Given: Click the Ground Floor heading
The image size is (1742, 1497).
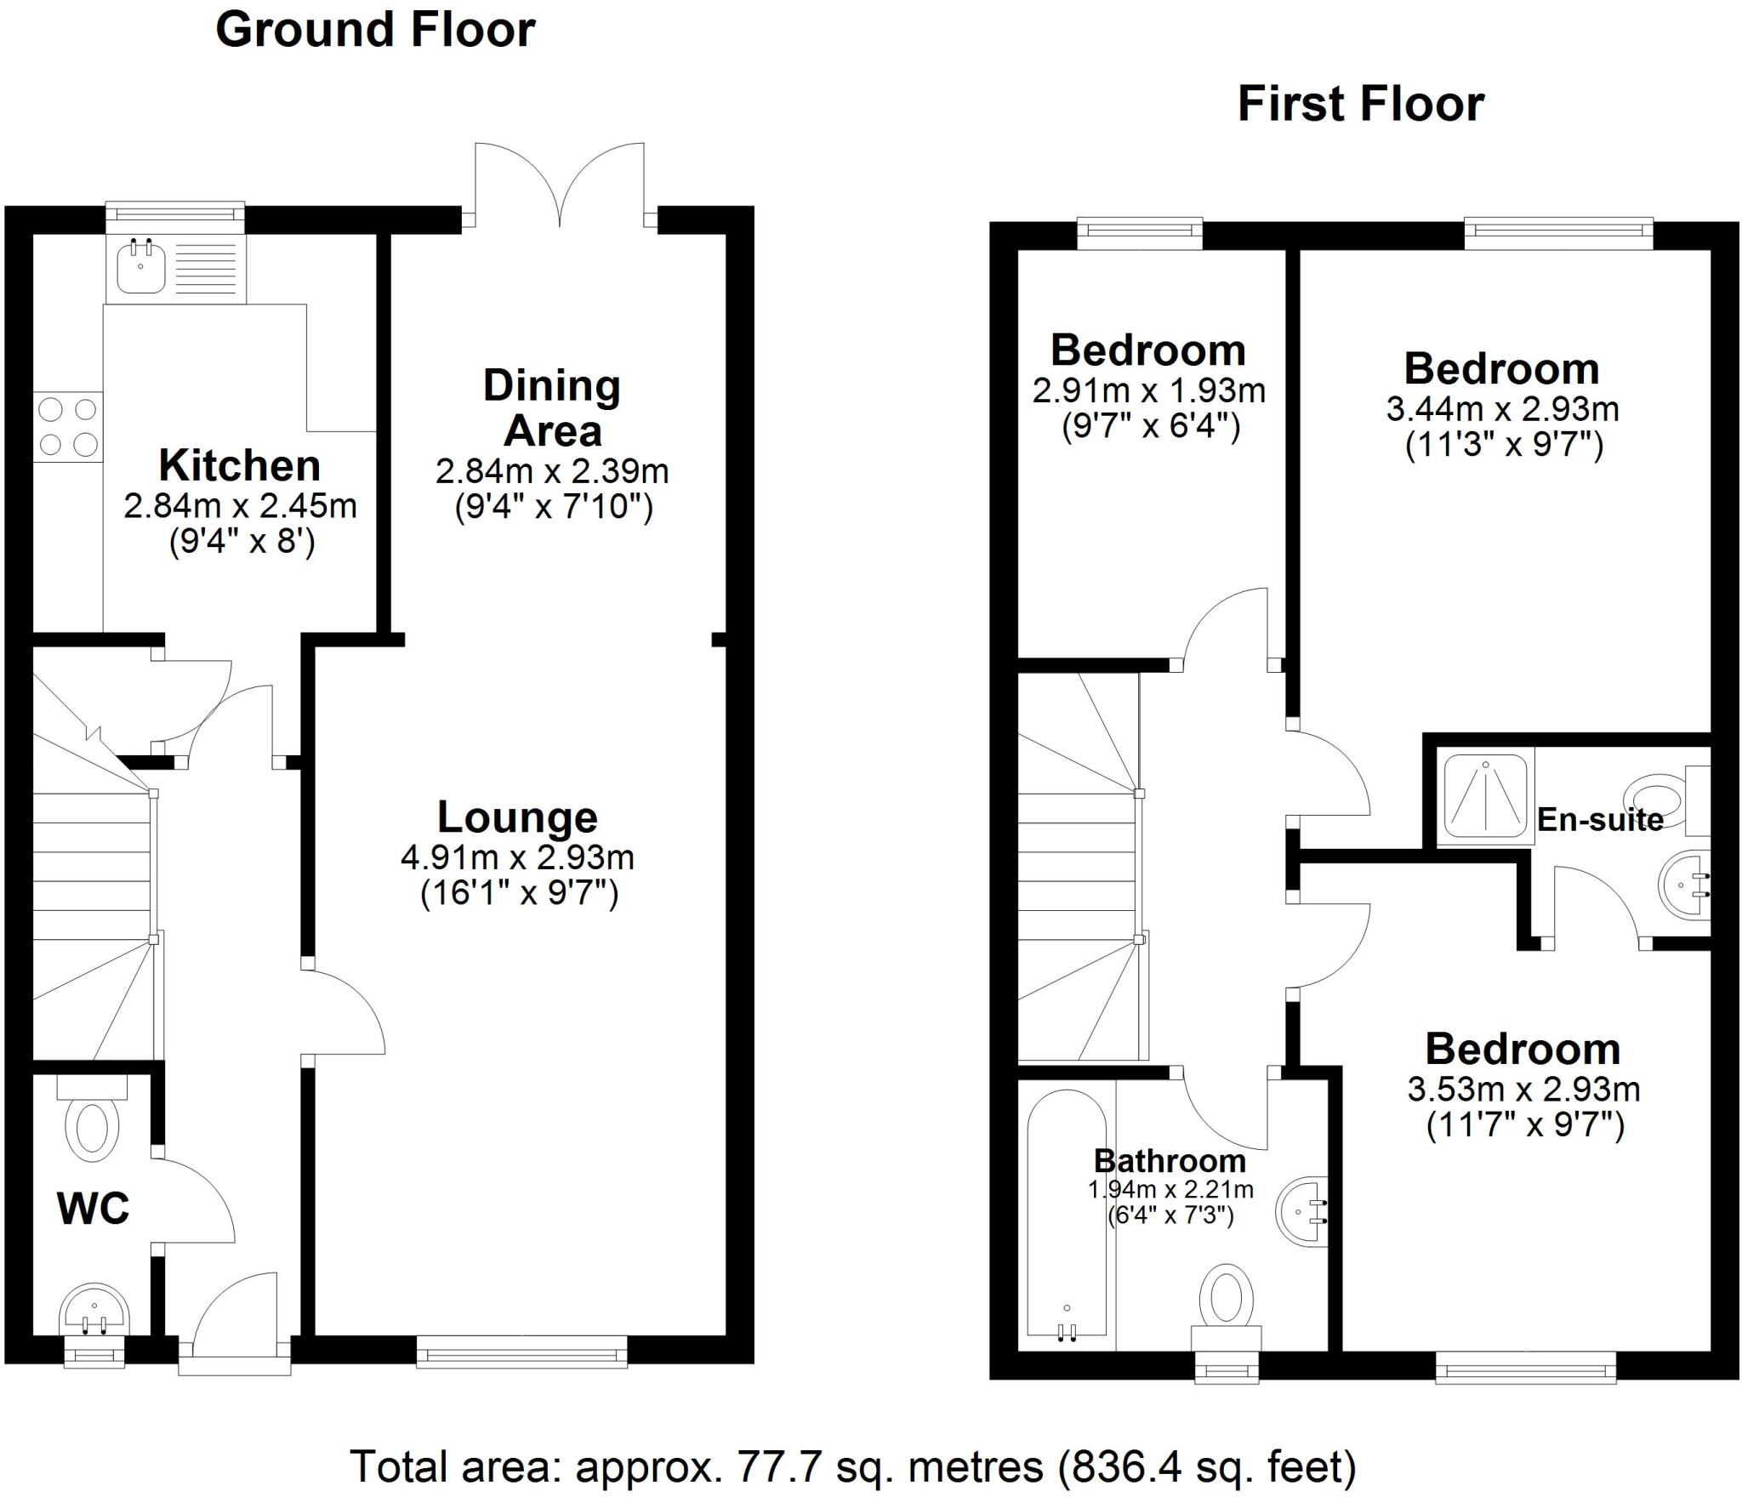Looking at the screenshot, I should pos(375,31).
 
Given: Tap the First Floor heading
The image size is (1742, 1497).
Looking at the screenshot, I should pos(1360,105).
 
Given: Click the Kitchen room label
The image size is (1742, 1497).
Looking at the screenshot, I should pos(240,466).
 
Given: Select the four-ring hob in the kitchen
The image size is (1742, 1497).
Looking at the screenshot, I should pos(68,427).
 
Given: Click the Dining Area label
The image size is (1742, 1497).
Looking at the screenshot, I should pos(552,408).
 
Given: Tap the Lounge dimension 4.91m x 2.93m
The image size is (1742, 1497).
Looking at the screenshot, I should pos(517,857).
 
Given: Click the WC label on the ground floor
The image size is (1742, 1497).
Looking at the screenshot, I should pos(94,1208).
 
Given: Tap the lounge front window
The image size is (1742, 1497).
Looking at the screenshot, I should pos(521,1352).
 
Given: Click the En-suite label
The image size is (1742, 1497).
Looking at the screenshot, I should pos(1600,820).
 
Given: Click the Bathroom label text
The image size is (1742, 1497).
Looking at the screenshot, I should pos(1170,1161).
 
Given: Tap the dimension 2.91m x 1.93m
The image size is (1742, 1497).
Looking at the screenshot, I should pos(1149,391).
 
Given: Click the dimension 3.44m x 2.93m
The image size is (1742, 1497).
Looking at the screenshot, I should pos(1502,410).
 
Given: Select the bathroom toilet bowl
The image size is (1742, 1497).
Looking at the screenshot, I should pos(1226,1298).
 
